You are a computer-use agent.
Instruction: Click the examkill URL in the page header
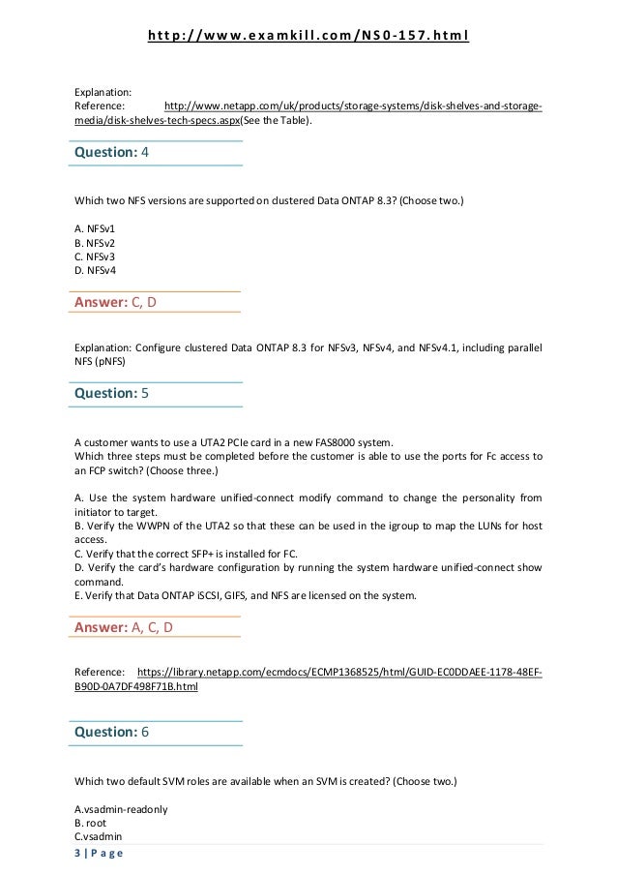(308, 38)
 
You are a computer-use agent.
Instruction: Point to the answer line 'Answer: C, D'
(115, 303)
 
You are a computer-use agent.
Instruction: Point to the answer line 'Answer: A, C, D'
(125, 628)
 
